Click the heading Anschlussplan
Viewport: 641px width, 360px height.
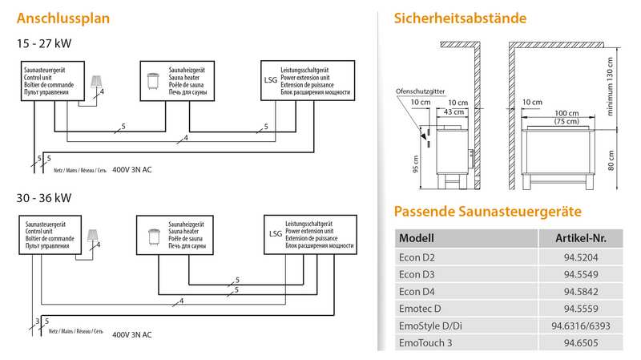62,18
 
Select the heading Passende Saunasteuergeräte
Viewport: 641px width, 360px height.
487,212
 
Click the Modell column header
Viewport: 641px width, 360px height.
416,238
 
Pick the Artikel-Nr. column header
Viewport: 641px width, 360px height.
579,238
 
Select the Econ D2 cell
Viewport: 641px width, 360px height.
417,258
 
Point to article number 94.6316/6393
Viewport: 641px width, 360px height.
579,326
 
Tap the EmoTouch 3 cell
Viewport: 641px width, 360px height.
424,343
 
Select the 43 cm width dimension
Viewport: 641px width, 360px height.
454,111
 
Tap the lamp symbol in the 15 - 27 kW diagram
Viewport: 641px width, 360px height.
97,80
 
